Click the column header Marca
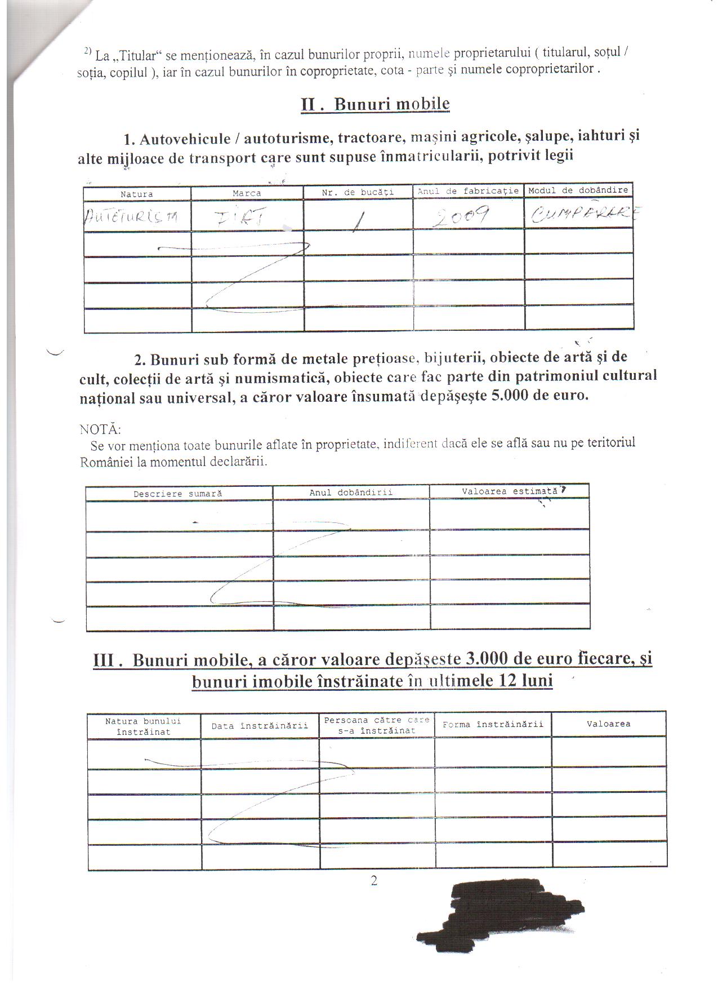pyautogui.click(x=247, y=193)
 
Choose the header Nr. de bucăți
pyautogui.click(x=358, y=192)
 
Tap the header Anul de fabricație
pyautogui.click(x=468, y=191)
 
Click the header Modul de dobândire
pyautogui.click(x=578, y=190)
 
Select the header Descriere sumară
pyautogui.click(x=178, y=494)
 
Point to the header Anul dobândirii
pyautogui.click(x=351, y=493)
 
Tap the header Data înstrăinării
pyautogui.click(x=260, y=726)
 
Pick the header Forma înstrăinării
pyautogui.click(x=493, y=724)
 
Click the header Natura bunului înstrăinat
pyautogui.click(x=143, y=726)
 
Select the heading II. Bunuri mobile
pyautogui.click(x=375, y=104)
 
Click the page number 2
pyautogui.click(x=374, y=881)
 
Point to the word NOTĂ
pyautogui.click(x=100, y=429)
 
